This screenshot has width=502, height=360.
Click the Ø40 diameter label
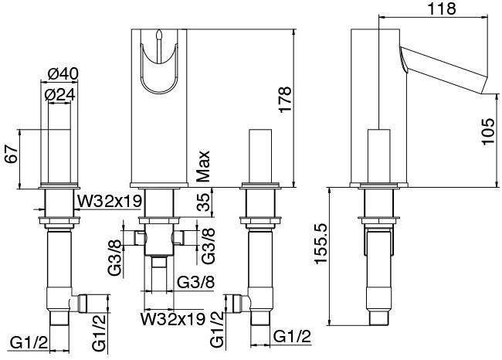tap(63, 74)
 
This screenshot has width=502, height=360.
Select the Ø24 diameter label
tap(60, 95)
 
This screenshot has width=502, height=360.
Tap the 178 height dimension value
tap(285, 100)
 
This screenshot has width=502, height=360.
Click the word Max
tap(202, 166)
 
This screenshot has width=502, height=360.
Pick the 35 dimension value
tap(204, 202)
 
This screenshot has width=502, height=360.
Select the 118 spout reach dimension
tap(442, 8)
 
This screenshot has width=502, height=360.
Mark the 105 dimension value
tap(488, 131)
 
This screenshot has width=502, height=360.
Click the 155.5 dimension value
tap(321, 244)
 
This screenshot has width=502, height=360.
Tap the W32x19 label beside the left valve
tap(110, 202)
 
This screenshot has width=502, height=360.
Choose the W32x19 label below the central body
tap(172, 319)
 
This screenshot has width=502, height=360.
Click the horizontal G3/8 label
tap(195, 283)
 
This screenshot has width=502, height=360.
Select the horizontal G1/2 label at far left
tap(29, 343)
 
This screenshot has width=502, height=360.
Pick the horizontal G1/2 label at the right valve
tap(292, 337)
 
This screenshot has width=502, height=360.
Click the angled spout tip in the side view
tap(484, 85)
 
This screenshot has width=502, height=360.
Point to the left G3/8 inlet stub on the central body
tap(139, 238)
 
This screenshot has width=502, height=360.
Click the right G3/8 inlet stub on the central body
tap(178, 238)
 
